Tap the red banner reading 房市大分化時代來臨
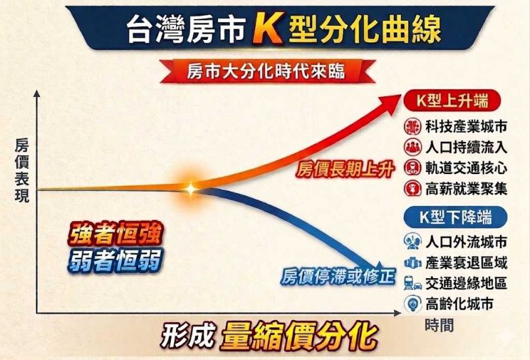pos(265,70)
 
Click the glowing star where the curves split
pos(190,188)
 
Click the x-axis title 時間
pos(438,325)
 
